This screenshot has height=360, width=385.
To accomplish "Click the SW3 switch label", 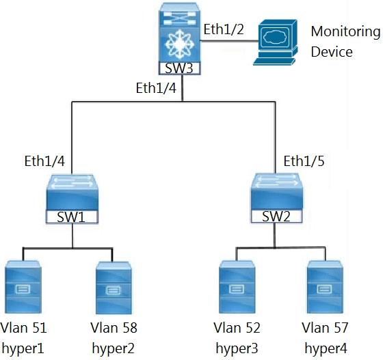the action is coord(179,68).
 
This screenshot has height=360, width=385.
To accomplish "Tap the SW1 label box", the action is coord(72,217).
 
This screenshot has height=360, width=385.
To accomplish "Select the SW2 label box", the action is coord(276,216).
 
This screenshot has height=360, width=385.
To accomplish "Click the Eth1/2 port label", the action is coord(224,29).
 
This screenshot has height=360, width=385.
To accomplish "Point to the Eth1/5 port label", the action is coord(304,161).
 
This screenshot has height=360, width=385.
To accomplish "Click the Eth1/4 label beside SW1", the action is coord(44,161).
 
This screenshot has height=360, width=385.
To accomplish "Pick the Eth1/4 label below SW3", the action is coord(156,88).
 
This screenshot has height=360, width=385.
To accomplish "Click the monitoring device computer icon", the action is coord(276,42).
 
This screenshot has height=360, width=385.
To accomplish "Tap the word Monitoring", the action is coord(346,32).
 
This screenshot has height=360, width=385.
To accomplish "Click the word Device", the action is coord(332,52).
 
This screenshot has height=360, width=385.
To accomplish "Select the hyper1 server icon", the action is coord(23,287).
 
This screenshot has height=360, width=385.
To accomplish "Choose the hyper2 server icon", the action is coord(114,288).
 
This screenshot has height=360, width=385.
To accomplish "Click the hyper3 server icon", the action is coord(237,287).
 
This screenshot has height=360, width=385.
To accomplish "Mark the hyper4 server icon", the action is coord(325,287).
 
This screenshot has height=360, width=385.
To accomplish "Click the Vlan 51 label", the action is coord(23,328).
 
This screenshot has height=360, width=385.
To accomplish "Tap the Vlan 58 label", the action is coord(114,328).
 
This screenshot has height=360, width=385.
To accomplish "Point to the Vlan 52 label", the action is coord(237,328).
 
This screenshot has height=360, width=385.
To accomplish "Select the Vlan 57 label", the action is coord(325,328).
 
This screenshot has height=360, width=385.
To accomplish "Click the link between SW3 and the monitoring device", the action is coord(229,41).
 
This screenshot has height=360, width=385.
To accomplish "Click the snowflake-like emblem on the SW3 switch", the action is coord(180,44).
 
